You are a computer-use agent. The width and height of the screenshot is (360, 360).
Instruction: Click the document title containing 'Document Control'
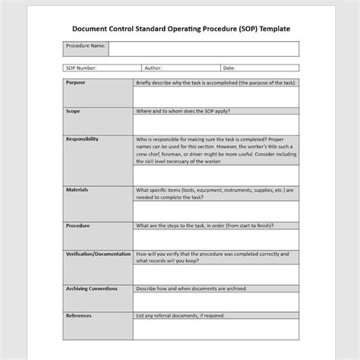(180, 28)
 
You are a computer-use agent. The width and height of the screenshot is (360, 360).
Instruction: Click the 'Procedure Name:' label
(86, 46)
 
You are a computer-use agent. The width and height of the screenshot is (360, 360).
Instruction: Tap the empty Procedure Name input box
(204, 49)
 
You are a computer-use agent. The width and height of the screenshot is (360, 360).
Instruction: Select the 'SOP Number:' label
(81, 68)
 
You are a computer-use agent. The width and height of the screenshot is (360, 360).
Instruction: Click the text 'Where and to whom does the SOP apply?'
(183, 111)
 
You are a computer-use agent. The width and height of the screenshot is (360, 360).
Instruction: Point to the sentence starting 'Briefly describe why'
(216, 82)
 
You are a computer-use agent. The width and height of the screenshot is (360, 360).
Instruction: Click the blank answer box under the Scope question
(216, 124)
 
